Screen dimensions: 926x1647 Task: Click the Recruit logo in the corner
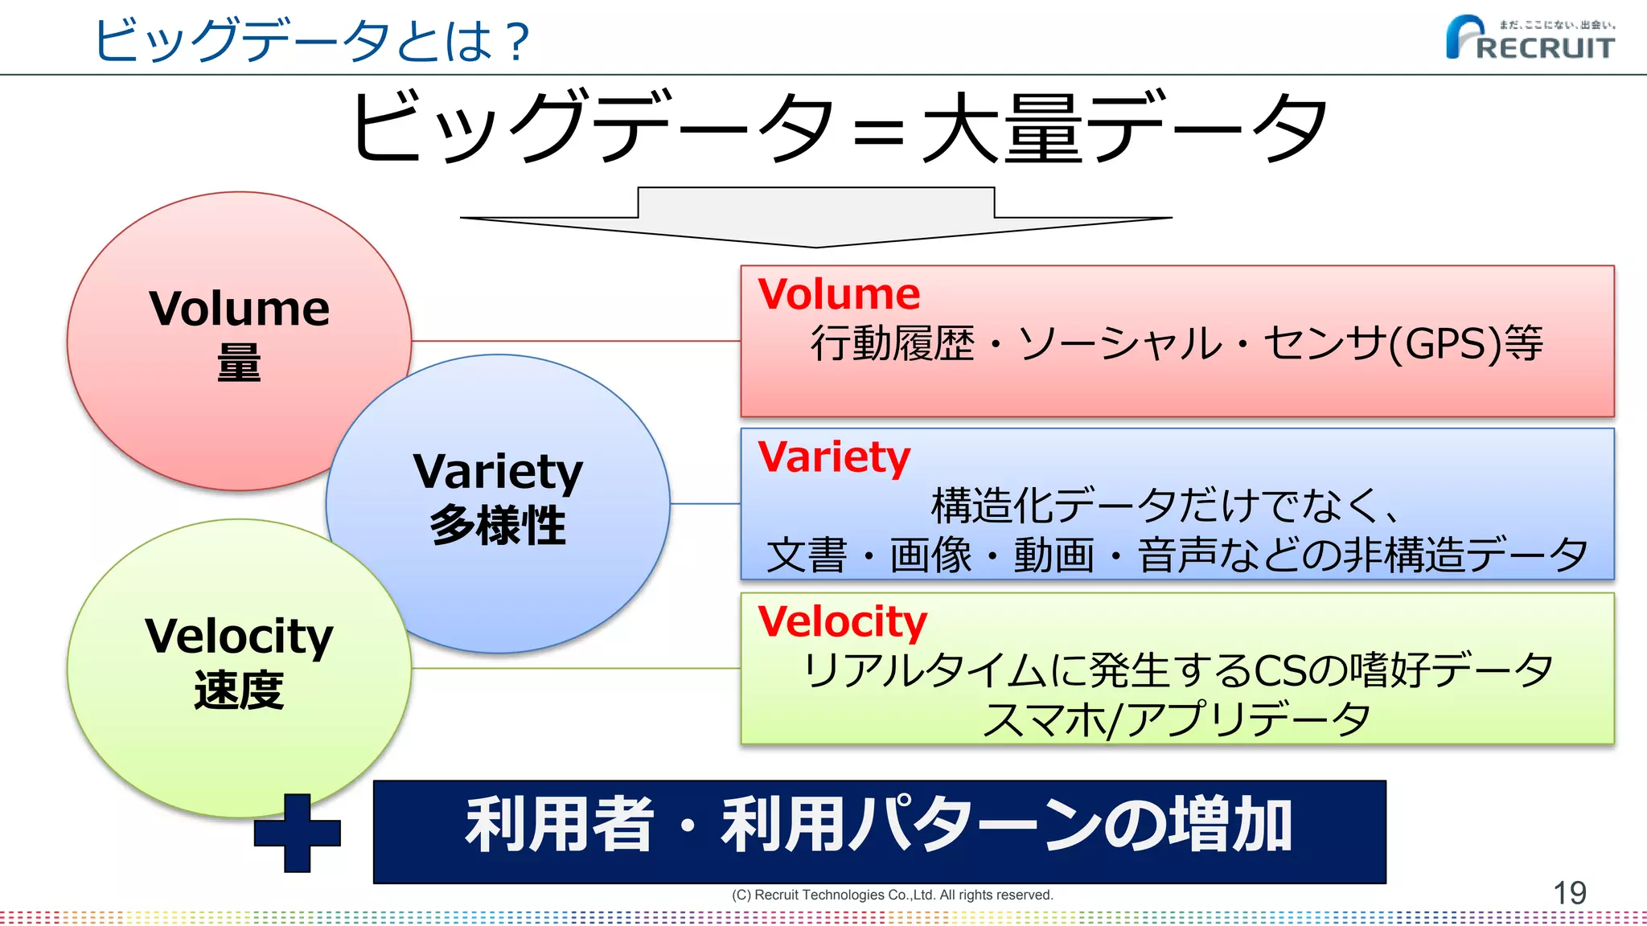pos(1530,39)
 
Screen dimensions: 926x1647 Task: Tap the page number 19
pos(1569,893)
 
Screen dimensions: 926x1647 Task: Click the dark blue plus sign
pos(297,833)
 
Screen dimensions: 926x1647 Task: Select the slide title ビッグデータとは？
pos(312,40)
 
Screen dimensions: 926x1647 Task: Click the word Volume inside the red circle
pos(240,309)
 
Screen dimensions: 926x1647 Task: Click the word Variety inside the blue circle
pos(498,472)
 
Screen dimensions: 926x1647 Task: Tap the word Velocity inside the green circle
pos(239,637)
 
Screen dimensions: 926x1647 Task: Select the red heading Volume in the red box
pos(839,294)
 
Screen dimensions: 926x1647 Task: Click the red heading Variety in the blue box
pos(834,457)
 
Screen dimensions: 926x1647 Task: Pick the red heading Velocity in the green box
pos(842,621)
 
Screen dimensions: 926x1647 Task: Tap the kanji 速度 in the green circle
pos(239,690)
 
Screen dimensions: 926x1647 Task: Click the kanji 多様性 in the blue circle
pos(498,526)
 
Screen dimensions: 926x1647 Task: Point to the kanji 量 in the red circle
pos(239,363)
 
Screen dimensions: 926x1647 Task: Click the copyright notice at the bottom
pos(892,895)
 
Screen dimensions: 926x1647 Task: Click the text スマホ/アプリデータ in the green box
pos(1177,719)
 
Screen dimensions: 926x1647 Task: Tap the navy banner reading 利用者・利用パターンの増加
pos(879,831)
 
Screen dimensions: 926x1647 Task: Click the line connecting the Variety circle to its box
pos(705,504)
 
